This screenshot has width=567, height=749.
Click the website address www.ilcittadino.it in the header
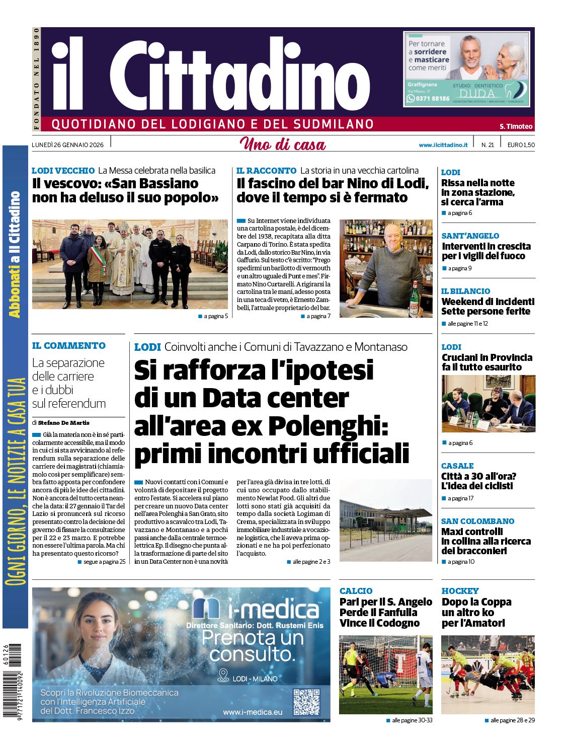(x=443, y=145)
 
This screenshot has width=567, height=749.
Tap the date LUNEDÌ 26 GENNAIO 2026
(x=68, y=145)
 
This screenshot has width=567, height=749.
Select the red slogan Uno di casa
(x=283, y=144)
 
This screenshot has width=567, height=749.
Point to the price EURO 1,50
(x=521, y=145)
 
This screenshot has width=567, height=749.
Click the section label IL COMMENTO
(x=69, y=346)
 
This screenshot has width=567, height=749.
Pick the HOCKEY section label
(x=460, y=591)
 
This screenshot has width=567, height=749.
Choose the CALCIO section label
(x=356, y=591)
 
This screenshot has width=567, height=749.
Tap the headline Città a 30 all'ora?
(x=478, y=476)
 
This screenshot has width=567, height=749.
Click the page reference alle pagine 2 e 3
(x=311, y=562)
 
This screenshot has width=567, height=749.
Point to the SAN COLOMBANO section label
(x=477, y=521)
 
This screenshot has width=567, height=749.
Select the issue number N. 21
(x=488, y=145)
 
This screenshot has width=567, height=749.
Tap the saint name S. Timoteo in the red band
(x=516, y=126)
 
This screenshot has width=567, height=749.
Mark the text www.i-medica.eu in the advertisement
(x=253, y=712)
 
